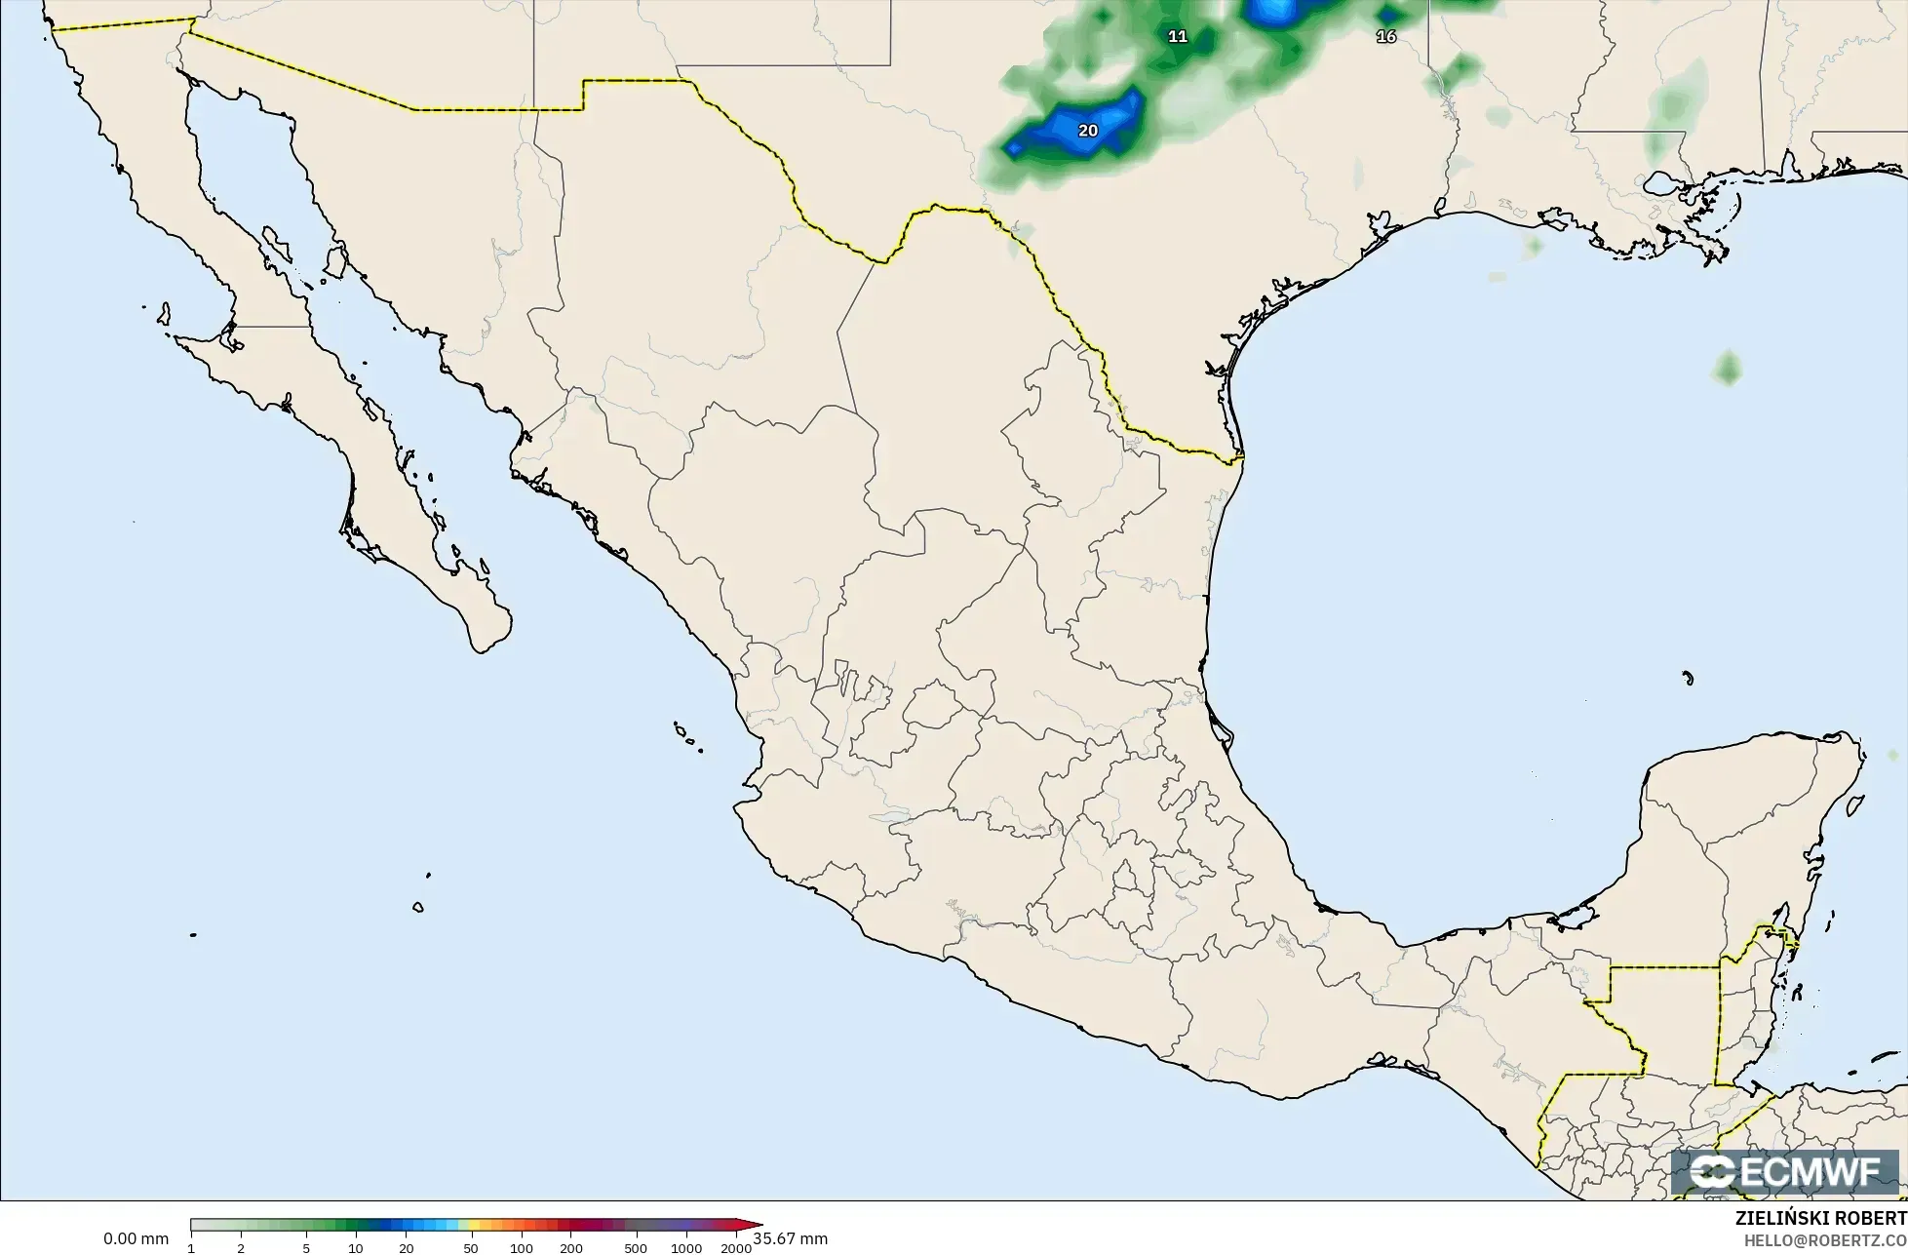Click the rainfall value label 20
(x=1088, y=131)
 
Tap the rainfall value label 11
(x=1178, y=36)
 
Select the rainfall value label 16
(x=1385, y=36)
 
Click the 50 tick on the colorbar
(x=471, y=1247)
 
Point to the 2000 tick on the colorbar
(x=736, y=1247)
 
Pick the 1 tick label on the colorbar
(x=191, y=1247)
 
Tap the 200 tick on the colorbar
(x=571, y=1247)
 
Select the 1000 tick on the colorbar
(x=686, y=1247)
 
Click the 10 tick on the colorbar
(x=356, y=1247)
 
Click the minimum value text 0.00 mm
(x=136, y=1239)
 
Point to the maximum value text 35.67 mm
(x=790, y=1239)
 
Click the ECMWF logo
(x=1785, y=1172)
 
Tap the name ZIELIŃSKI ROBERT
(x=1820, y=1219)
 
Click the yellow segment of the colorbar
(x=466, y=1226)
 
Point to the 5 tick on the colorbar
(x=306, y=1247)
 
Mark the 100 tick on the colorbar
(x=521, y=1247)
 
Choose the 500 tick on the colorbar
(x=636, y=1247)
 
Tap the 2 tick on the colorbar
(x=241, y=1247)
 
